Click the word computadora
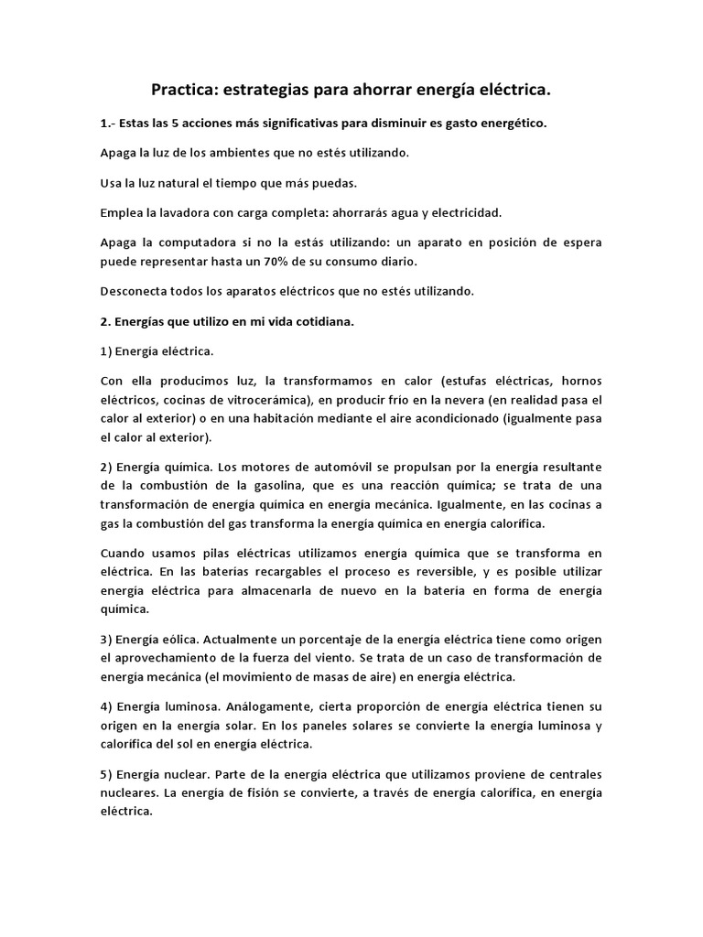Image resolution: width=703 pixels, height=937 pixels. (207, 242)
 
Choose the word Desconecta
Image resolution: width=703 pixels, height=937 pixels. (135, 291)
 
